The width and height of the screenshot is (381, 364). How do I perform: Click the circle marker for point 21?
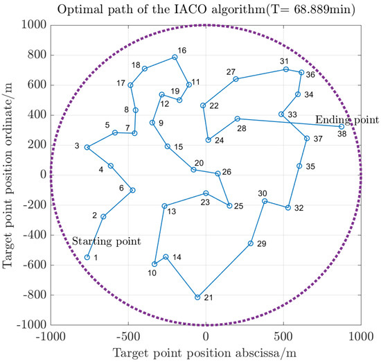pos(197,297)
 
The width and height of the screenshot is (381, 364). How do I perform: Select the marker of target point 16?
pos(175,58)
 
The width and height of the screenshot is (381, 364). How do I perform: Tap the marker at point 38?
pos(342,126)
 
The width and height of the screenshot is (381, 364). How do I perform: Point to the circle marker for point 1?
pos(87,257)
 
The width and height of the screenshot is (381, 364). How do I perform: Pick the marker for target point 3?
pos(87,147)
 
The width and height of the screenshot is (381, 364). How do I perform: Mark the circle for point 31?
pos(285,69)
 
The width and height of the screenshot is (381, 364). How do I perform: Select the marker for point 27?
pos(236,79)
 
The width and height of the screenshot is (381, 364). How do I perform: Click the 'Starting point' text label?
pos(107,241)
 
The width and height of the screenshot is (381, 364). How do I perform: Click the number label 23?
pos(205,202)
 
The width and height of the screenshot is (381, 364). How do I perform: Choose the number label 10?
pos(152,272)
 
